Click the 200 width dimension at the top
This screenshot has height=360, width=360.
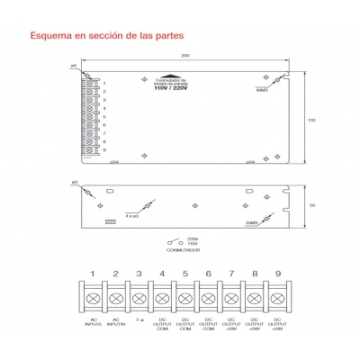click(185, 56)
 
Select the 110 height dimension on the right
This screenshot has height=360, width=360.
click(311, 119)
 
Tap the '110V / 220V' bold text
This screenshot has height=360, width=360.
click(172, 88)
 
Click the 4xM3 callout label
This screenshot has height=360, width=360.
click(262, 90)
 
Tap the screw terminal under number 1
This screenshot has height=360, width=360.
click(94, 297)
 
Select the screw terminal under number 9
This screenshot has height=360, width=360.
click(277, 297)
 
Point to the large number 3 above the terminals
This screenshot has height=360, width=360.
click(139, 273)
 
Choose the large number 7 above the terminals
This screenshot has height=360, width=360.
click(231, 273)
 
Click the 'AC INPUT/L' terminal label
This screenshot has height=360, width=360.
click(94, 323)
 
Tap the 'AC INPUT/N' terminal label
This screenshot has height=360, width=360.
click(116, 323)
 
